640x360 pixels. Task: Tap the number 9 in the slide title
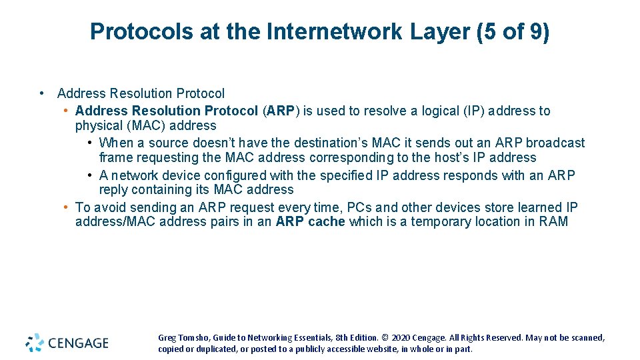tap(536, 31)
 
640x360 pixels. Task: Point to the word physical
tap(99, 125)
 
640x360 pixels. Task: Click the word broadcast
tap(555, 143)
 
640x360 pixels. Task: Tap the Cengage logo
tap(67, 343)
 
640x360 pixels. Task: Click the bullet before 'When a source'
tap(89, 143)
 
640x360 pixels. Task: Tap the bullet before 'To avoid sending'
tap(66, 207)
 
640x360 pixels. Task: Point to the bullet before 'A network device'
tap(89, 175)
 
